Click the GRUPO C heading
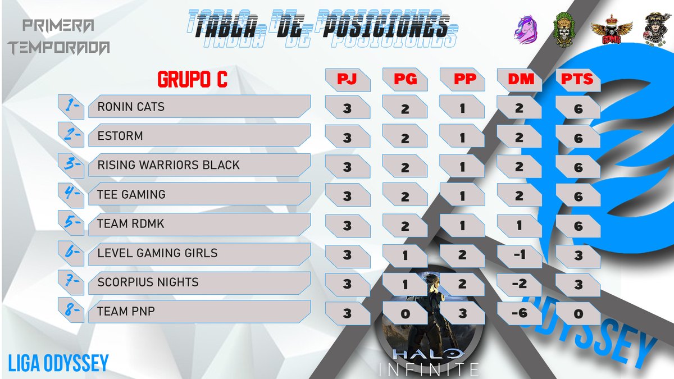[x=192, y=80]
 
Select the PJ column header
[x=347, y=80]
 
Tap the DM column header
[x=520, y=80]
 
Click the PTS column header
[x=577, y=80]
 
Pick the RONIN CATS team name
[x=131, y=107]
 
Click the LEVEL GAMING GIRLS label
[x=157, y=253]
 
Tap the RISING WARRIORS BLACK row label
[x=168, y=165]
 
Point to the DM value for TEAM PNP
[x=520, y=313]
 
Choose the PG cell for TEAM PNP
[x=405, y=313]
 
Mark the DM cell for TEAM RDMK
[x=520, y=226]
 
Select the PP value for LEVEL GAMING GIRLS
[x=462, y=255]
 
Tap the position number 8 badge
[x=71, y=310]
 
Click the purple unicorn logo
[x=526, y=28]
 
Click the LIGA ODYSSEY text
[x=58, y=363]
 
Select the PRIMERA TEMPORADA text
[x=58, y=36]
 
